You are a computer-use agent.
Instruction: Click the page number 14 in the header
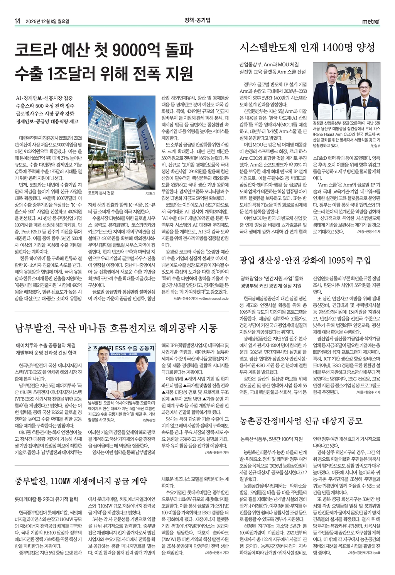(x=17, y=21)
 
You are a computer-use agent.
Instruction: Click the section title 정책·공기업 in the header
(x=197, y=20)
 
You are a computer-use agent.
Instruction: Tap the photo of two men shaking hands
(x=122, y=371)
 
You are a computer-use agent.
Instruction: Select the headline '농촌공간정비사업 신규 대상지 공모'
(x=301, y=420)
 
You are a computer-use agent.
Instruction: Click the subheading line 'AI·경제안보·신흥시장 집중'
(x=44, y=98)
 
